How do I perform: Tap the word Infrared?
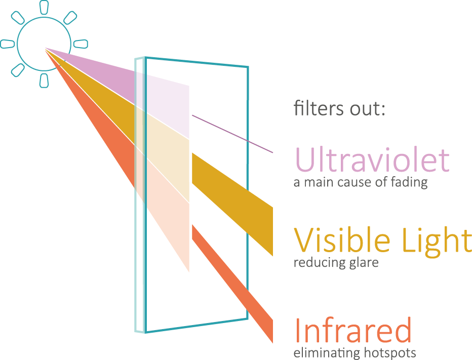(353, 330)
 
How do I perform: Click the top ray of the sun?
(44, 7)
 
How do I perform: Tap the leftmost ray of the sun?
(8, 44)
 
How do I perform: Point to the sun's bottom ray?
(44, 81)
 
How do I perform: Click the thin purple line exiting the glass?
(232, 134)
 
